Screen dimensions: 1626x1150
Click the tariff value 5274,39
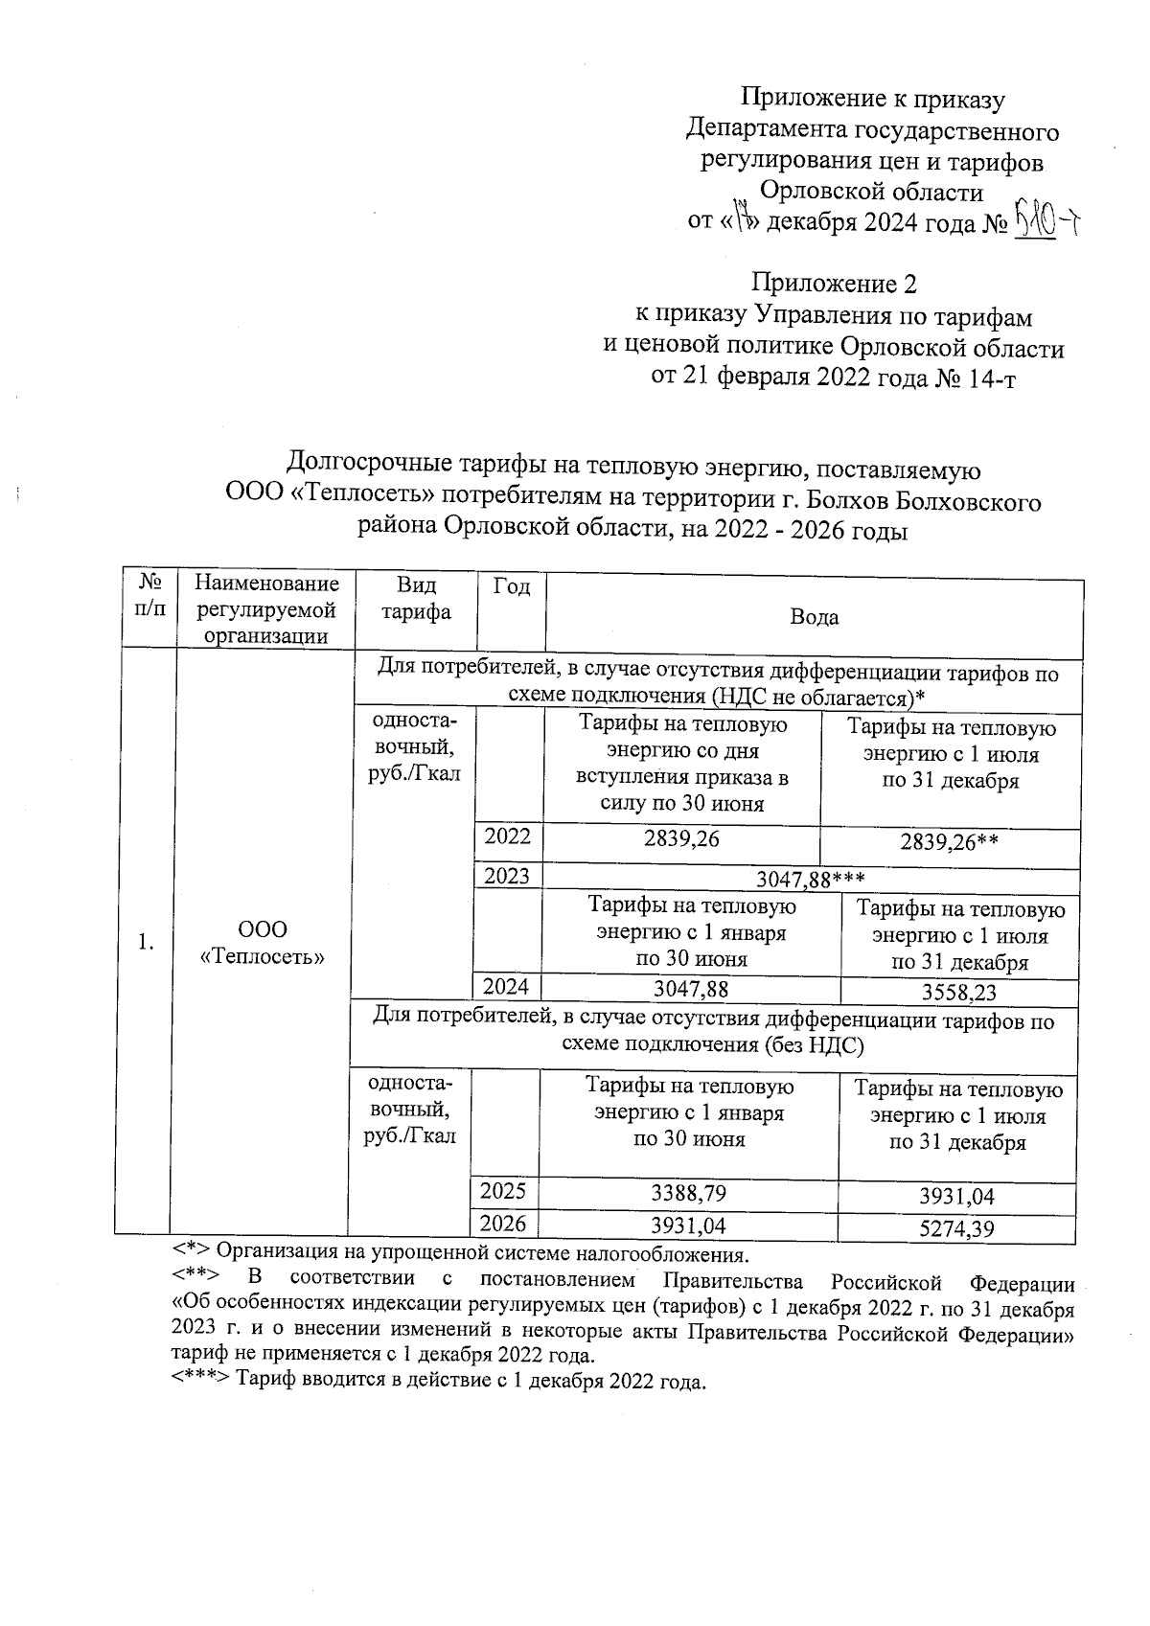tap(955, 1228)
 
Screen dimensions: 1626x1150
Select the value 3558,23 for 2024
tap(958, 993)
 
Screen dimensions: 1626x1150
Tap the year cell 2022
tap(507, 836)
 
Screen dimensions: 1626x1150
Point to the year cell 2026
tap(503, 1224)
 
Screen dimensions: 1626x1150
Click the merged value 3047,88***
tap(811, 879)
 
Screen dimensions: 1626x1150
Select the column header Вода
tap(814, 617)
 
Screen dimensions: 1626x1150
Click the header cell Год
tap(511, 586)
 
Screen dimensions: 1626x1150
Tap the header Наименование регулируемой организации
tap(265, 609)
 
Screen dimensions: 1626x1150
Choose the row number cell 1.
tap(145, 943)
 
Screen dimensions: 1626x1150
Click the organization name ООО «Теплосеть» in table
tap(262, 943)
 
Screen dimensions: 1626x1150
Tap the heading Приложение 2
tap(834, 285)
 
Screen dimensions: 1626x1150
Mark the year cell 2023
tap(507, 876)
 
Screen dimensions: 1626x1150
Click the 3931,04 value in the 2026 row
tap(688, 1226)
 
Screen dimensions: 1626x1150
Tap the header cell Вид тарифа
tap(414, 599)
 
